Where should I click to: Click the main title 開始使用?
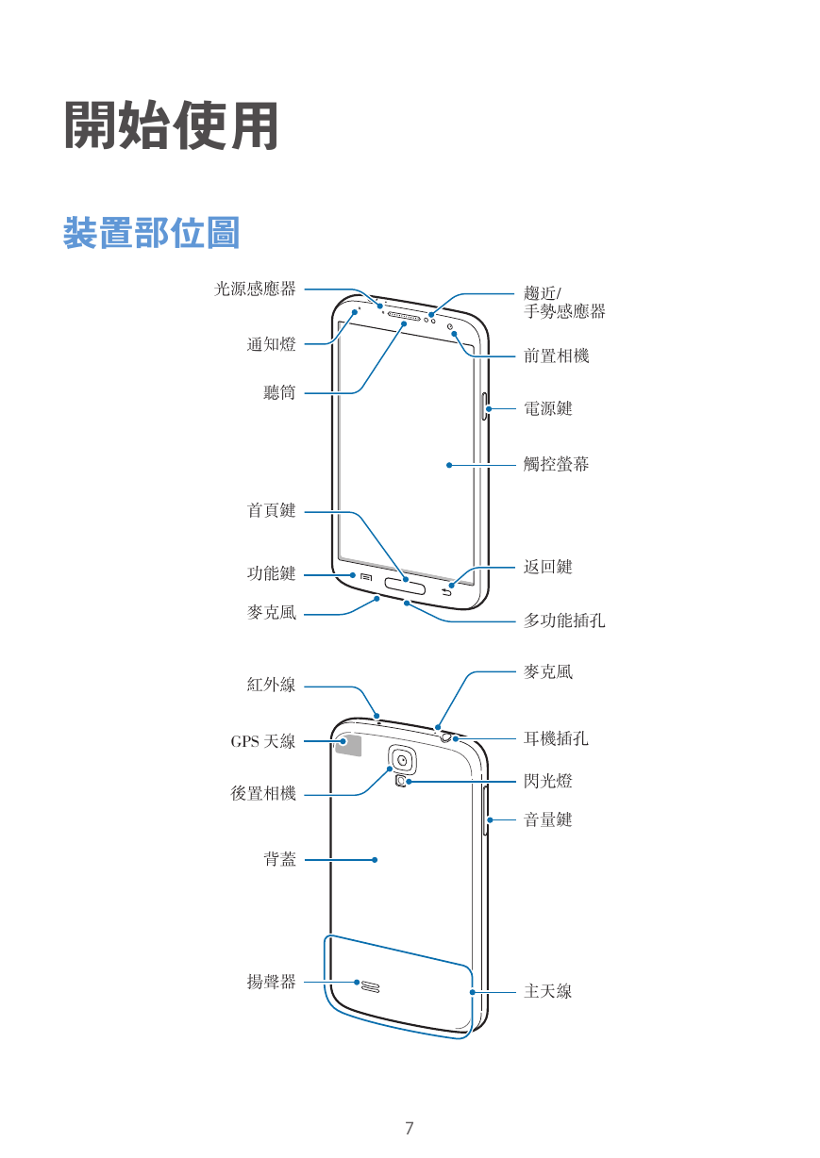click(x=171, y=125)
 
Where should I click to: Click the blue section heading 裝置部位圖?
click(x=152, y=233)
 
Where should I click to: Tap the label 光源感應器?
click(x=255, y=289)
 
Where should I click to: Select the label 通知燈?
click(x=272, y=344)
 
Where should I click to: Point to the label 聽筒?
click(x=280, y=392)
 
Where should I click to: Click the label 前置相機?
click(x=556, y=356)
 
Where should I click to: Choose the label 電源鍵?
click(x=548, y=408)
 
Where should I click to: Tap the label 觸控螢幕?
click(x=556, y=464)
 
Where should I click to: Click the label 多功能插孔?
click(x=564, y=620)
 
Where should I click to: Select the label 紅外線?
click(x=272, y=685)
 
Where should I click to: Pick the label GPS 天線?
click(x=263, y=741)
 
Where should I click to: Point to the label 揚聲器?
click(x=272, y=982)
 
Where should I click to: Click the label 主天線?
click(x=548, y=991)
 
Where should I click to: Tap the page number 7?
click(x=410, y=1128)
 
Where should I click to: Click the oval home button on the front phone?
click(x=405, y=587)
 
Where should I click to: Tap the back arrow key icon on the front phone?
click(x=446, y=592)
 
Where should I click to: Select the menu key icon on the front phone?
click(x=366, y=577)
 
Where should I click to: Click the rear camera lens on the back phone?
click(x=402, y=760)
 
